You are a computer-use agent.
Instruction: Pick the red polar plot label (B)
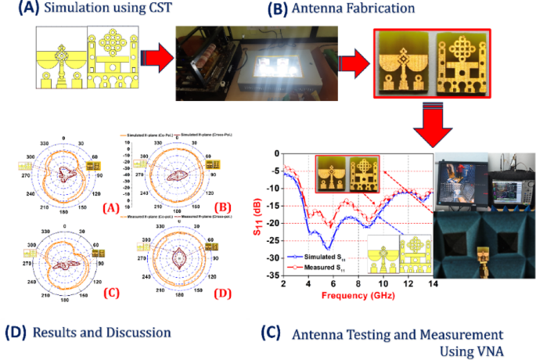[x=222, y=207]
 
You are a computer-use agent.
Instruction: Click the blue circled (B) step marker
[x=278, y=9]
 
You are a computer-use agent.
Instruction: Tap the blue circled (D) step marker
[x=16, y=332]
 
